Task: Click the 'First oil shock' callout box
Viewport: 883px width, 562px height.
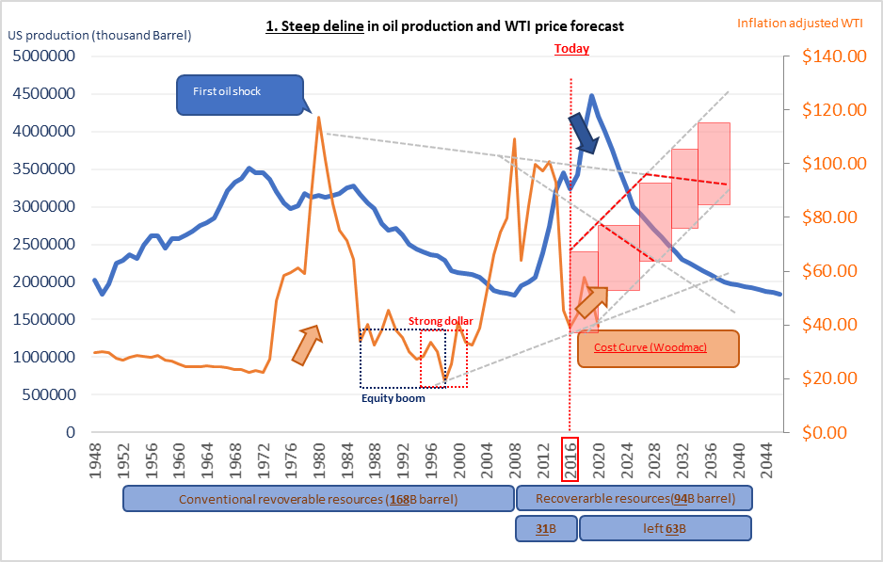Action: point(240,92)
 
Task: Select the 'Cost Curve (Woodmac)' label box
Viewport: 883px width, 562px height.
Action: point(657,347)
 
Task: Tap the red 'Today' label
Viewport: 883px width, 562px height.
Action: point(571,48)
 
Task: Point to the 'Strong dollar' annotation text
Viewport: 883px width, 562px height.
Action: point(441,322)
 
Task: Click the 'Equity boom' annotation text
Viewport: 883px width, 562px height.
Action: point(393,398)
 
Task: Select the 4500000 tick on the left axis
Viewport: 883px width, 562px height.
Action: point(44,94)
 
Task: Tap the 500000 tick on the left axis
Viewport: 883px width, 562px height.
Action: point(49,394)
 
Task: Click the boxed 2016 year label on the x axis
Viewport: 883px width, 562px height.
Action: point(570,459)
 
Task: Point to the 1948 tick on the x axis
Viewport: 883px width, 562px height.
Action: point(95,459)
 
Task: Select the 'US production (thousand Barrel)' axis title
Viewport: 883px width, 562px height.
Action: point(100,36)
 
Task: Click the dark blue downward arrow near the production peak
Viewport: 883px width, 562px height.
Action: point(585,135)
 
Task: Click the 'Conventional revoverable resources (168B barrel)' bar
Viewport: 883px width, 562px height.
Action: point(318,499)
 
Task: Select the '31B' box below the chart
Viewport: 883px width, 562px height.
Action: point(544,529)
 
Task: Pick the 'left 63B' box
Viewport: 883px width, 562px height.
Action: point(665,529)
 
